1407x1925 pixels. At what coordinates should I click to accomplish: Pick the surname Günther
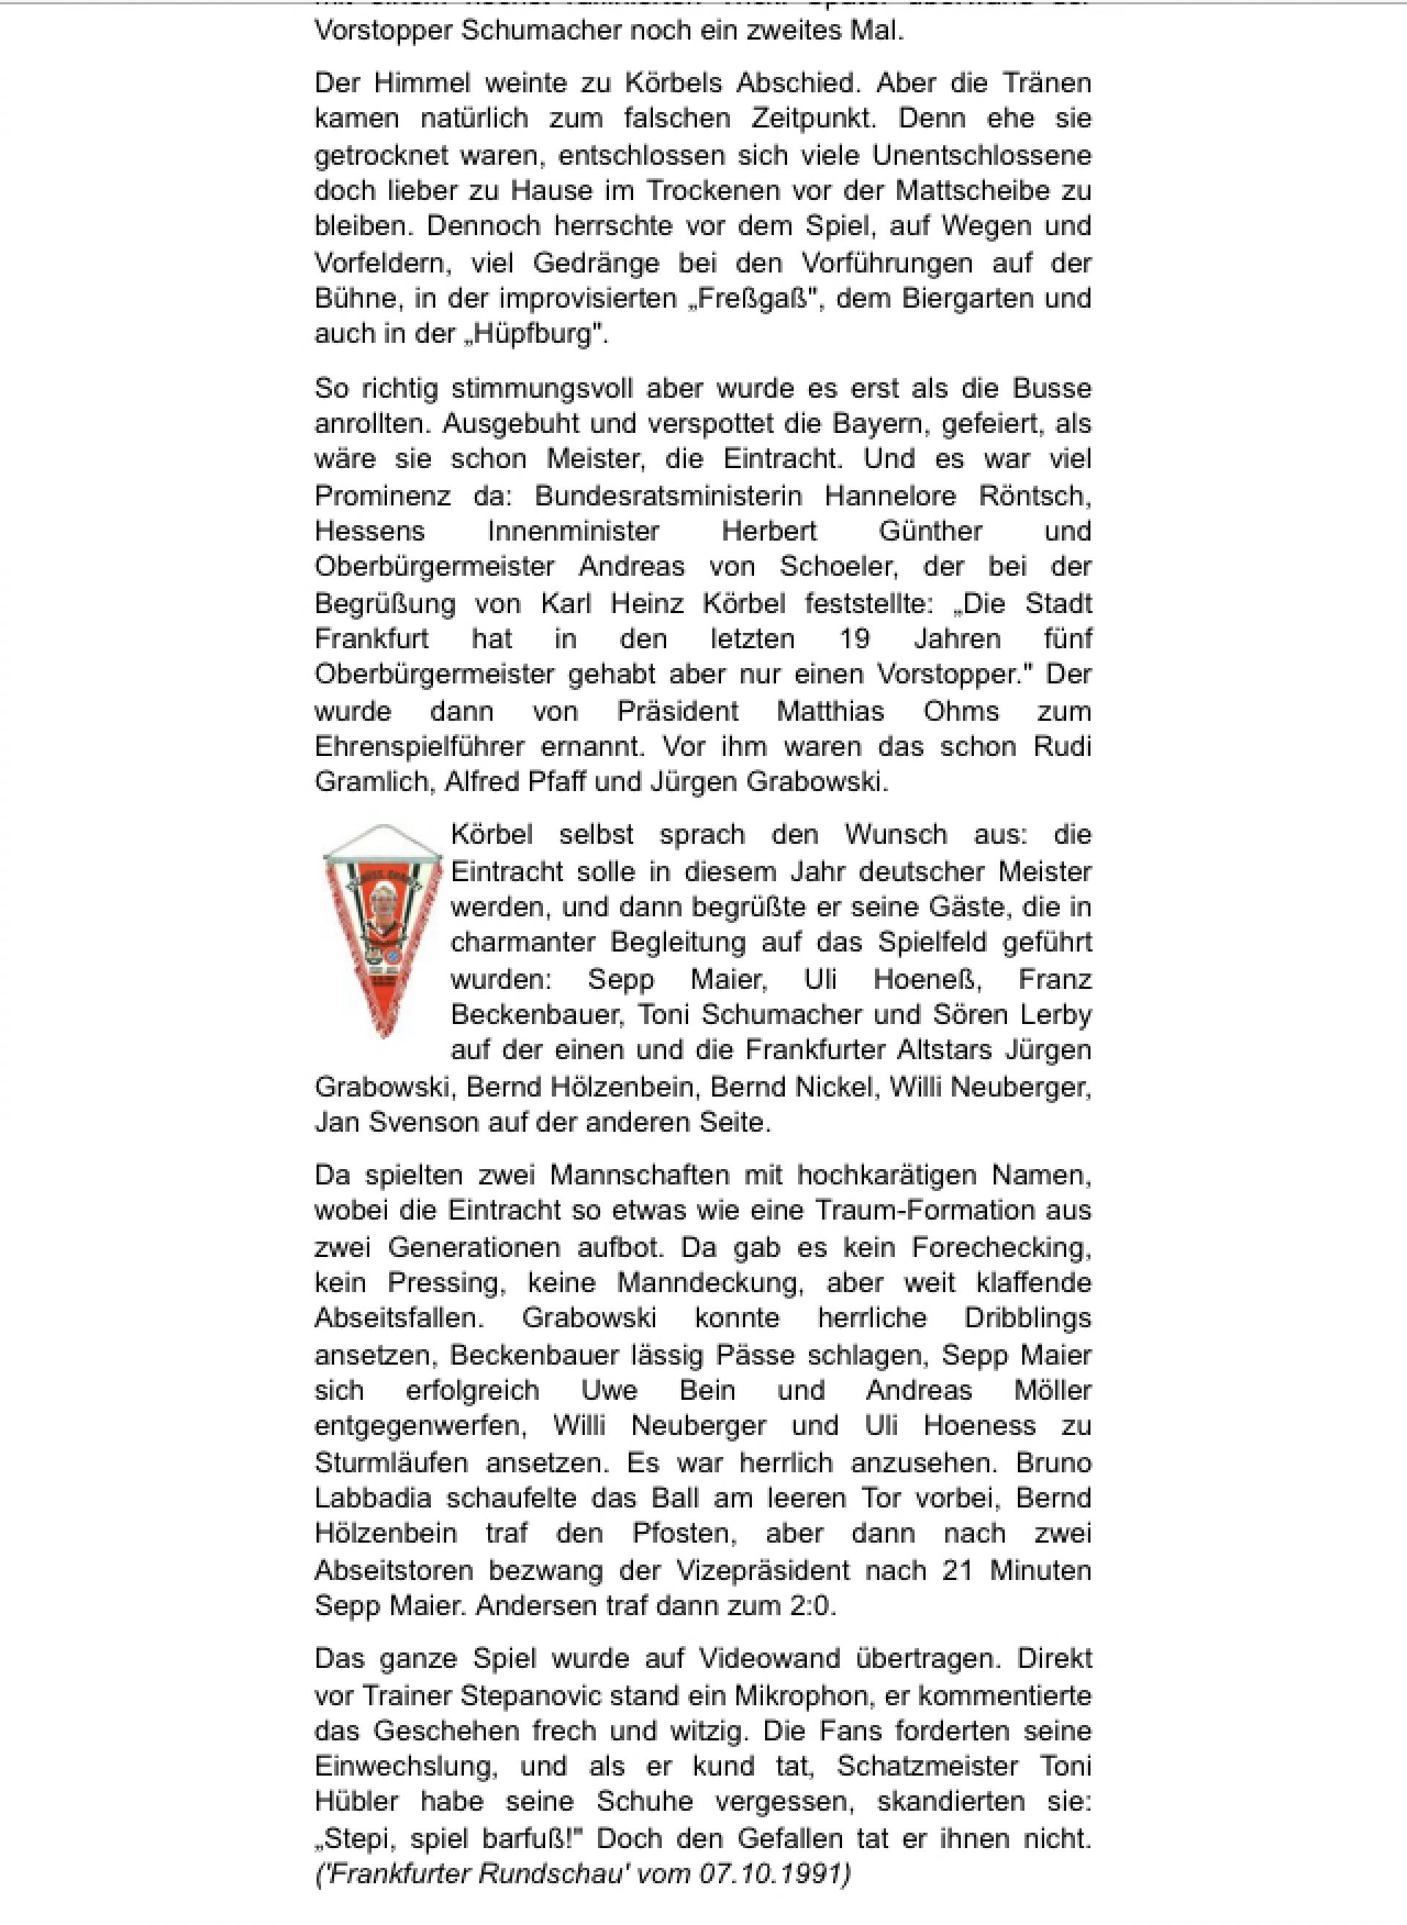[930, 530]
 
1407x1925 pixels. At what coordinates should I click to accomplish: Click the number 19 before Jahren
[854, 638]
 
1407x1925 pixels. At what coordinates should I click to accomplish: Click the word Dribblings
[1027, 1317]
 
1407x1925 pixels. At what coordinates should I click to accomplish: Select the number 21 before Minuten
[957, 1569]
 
